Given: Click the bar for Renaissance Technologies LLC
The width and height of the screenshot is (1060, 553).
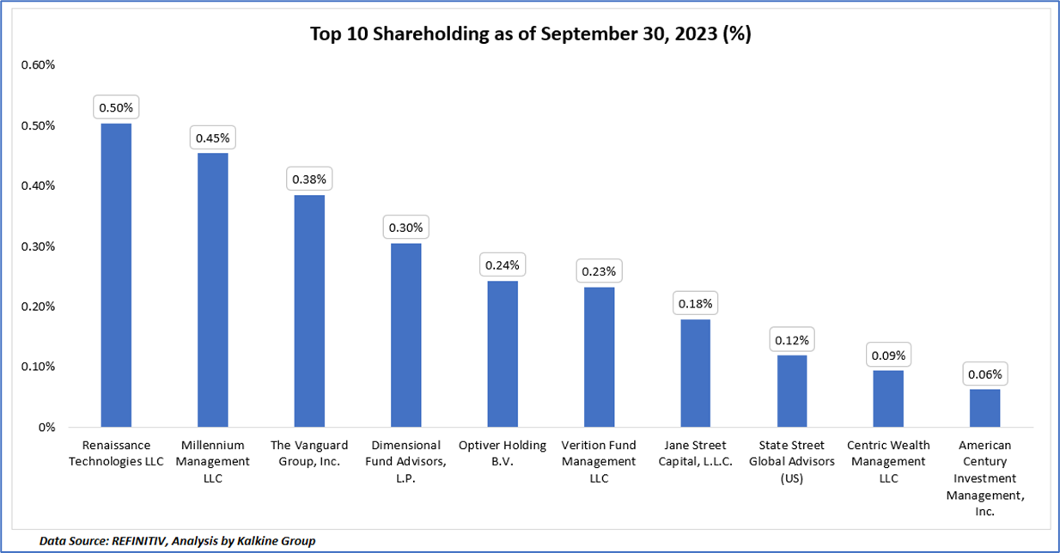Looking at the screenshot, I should point(116,275).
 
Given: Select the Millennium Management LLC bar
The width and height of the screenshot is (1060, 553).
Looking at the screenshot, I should point(213,289).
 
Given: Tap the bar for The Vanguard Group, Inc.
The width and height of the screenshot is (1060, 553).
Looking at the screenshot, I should point(309,311).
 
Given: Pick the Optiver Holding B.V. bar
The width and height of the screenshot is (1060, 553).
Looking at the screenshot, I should point(503,354).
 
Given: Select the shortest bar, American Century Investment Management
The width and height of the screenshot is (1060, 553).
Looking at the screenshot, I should point(985,408).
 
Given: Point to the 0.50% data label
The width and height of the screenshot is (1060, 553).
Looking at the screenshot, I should point(116,108).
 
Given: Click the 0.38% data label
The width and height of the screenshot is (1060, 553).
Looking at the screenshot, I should point(309,179).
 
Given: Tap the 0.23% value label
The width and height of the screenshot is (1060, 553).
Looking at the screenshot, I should point(599,271).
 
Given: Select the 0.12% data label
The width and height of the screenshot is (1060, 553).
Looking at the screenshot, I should point(792,340).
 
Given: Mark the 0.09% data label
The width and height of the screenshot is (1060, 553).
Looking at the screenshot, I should point(889,355).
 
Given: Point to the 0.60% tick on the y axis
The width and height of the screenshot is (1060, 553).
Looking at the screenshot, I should point(38,65).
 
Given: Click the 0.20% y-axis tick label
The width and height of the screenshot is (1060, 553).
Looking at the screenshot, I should point(38,307).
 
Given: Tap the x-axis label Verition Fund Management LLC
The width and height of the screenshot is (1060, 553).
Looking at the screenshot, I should point(599,462).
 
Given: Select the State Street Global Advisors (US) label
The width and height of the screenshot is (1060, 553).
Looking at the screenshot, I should point(792,462).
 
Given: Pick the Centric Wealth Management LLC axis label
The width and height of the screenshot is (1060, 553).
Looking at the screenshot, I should point(889,462).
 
